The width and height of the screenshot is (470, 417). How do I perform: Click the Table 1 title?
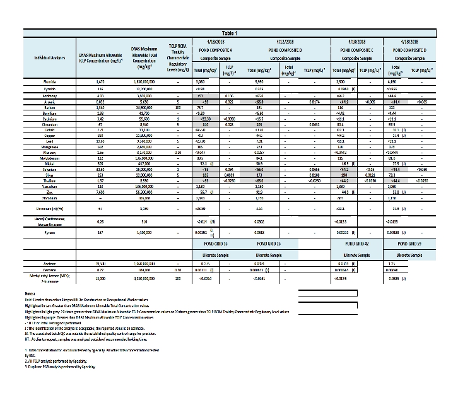(228, 32)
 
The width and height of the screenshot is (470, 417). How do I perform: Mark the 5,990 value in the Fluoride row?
(259, 82)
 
